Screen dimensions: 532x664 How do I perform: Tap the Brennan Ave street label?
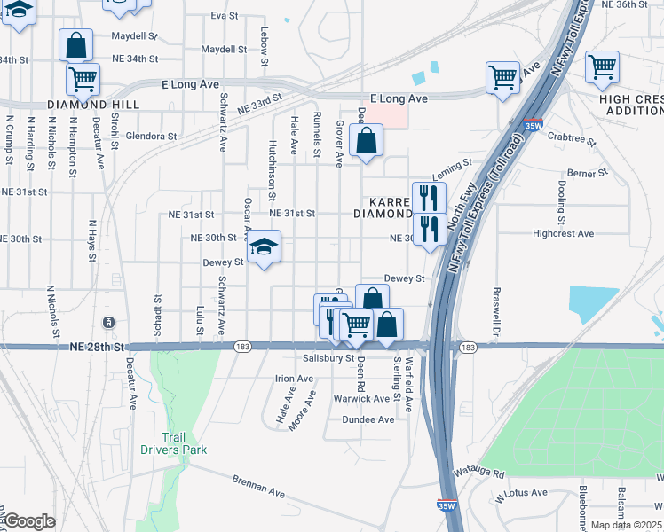coord(258,489)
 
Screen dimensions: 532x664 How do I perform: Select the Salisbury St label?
coord(328,358)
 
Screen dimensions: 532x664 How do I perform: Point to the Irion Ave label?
coord(295,379)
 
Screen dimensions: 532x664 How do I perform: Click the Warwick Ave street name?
coord(361,399)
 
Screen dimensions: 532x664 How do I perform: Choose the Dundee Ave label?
coord(368,419)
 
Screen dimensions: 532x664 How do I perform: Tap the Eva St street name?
coord(225,16)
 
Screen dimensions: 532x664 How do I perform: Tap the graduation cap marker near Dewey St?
coord(264,247)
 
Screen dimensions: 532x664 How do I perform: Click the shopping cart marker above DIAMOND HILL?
coord(83,80)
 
